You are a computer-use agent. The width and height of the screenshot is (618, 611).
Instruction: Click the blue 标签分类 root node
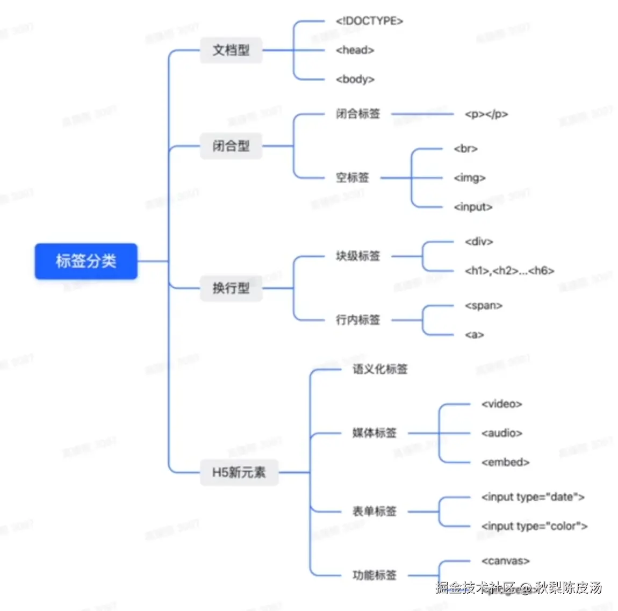pyautogui.click(x=86, y=261)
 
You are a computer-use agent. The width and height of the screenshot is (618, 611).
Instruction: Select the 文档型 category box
pyautogui.click(x=231, y=51)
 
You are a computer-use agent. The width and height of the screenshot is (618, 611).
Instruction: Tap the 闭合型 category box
pyautogui.click(x=231, y=146)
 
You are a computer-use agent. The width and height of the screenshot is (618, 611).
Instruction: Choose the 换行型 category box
pyautogui.click(x=231, y=288)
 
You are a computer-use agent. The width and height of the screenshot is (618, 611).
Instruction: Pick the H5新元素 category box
pyautogui.click(x=239, y=472)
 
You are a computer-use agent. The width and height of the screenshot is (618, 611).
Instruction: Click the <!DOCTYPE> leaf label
pyautogui.click(x=369, y=21)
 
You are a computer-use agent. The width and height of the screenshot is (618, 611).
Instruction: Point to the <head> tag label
pyautogui.click(x=355, y=50)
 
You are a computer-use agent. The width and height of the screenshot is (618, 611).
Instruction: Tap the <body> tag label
pyautogui.click(x=355, y=79)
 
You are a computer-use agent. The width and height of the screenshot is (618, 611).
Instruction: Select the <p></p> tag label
pyautogui.click(x=486, y=114)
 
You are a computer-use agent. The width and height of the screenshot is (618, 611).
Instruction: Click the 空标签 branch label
pyautogui.click(x=353, y=177)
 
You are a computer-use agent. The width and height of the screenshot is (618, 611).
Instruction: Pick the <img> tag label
pyautogui.click(x=470, y=177)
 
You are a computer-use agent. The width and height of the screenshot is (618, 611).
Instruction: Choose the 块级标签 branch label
pyautogui.click(x=358, y=256)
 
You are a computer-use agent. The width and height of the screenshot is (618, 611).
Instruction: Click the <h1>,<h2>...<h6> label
pyautogui.click(x=509, y=270)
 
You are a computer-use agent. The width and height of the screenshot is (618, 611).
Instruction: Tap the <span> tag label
pyautogui.click(x=484, y=305)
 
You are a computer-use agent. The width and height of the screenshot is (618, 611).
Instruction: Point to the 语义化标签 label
pyautogui.click(x=380, y=369)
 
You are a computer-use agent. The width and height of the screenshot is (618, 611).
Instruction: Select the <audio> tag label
pyautogui.click(x=502, y=433)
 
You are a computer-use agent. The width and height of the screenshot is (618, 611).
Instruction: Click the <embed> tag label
pyautogui.click(x=505, y=462)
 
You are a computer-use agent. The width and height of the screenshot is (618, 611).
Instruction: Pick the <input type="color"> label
pyautogui.click(x=534, y=526)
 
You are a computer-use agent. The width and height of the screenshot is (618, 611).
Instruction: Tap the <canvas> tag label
pyautogui.click(x=505, y=561)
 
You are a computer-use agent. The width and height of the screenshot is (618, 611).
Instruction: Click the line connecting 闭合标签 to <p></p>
pyautogui.click(x=422, y=114)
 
